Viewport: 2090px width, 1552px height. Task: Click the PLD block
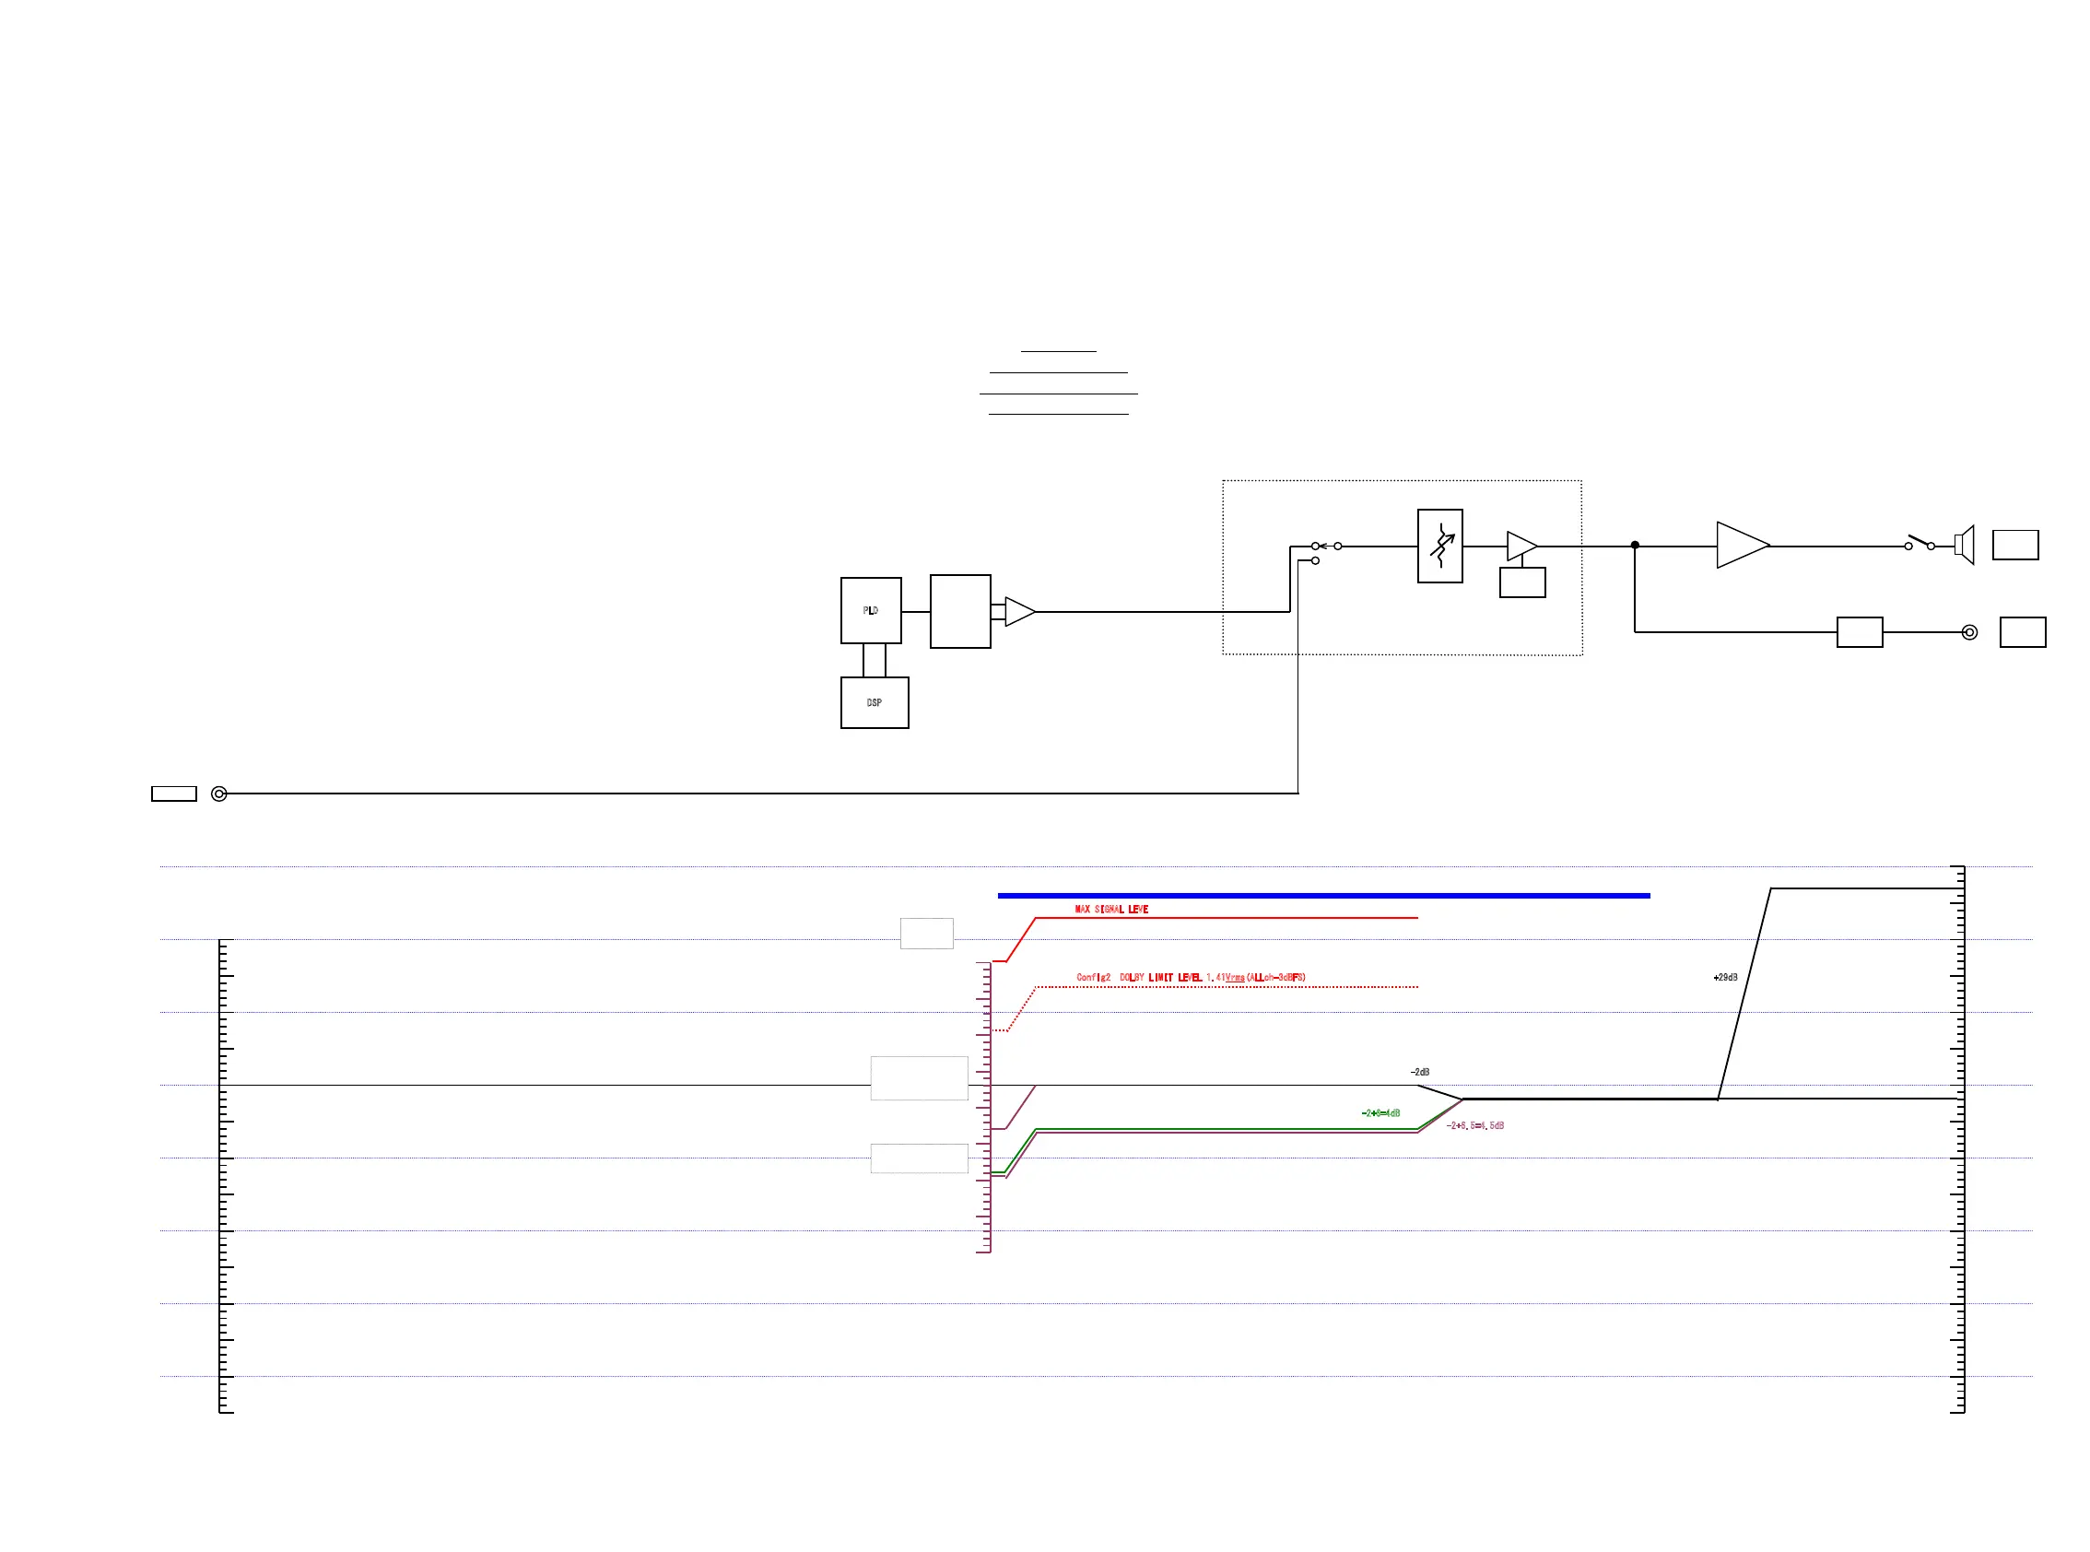point(870,611)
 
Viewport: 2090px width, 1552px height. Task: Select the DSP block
point(874,702)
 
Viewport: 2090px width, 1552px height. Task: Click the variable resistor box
point(1439,546)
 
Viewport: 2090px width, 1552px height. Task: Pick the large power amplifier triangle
point(1740,545)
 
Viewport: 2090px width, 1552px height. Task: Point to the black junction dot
point(1635,545)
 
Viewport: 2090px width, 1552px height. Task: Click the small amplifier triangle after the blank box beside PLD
point(1018,612)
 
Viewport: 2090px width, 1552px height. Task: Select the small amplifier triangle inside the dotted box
point(1520,546)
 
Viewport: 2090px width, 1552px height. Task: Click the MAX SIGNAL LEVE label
point(1111,910)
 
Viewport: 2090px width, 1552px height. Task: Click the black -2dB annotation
point(1419,1072)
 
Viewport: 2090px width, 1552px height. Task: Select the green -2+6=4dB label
point(1380,1113)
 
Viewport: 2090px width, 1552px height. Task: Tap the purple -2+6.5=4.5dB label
point(1474,1125)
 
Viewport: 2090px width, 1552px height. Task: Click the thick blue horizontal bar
point(1322,896)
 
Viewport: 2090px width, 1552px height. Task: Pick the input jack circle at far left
point(219,794)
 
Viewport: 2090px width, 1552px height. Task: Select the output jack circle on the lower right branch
point(1969,632)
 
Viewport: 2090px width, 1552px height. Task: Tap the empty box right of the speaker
point(2014,545)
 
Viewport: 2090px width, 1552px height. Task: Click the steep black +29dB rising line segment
point(1744,993)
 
